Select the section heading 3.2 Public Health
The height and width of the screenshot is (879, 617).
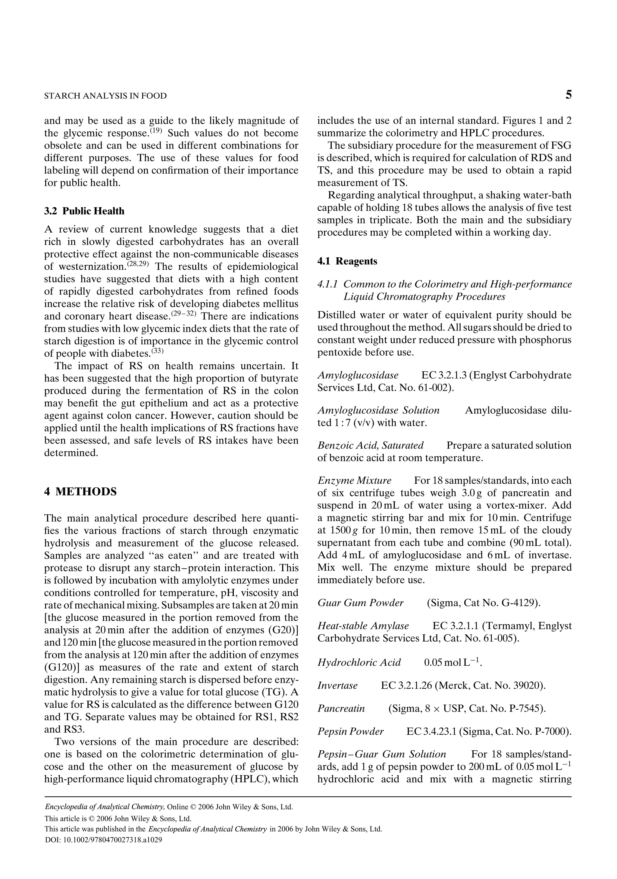(x=84, y=211)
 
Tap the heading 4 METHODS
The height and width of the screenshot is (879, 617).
(x=80, y=491)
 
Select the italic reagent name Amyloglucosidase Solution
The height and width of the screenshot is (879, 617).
(x=378, y=410)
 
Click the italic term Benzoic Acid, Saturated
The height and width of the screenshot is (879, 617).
(x=370, y=446)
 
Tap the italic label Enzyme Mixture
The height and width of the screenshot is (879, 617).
(x=354, y=480)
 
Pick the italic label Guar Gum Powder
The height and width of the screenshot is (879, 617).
(x=360, y=603)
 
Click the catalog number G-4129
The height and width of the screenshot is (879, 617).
(x=521, y=603)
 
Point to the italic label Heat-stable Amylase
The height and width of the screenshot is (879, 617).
(x=363, y=626)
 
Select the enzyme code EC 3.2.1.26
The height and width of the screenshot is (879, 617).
(x=406, y=686)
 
